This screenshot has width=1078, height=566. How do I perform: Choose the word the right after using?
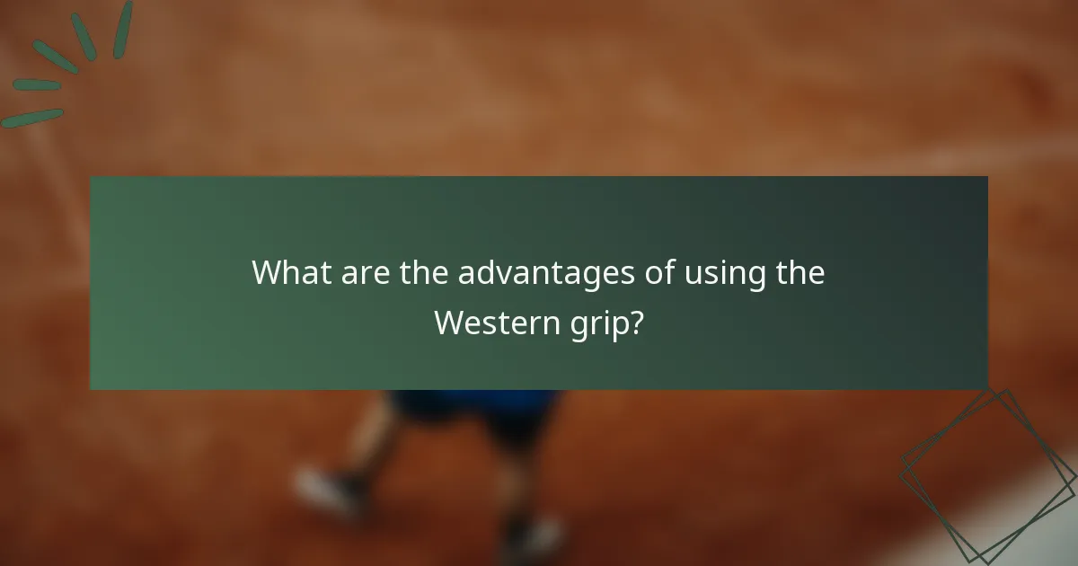click(x=800, y=272)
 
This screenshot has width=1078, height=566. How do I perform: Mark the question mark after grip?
click(x=637, y=323)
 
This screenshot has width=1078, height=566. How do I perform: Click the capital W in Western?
click(x=448, y=323)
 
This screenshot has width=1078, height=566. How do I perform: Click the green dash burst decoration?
click(x=63, y=63)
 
